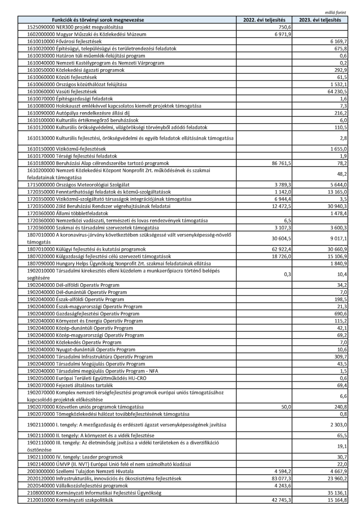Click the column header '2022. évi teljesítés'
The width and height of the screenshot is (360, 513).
pos(264,19)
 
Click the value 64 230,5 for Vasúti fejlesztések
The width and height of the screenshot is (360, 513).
pos(336,91)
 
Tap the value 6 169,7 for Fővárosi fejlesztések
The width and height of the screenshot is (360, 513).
pos(338,41)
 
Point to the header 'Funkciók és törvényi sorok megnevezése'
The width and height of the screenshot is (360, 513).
pos(102,19)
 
